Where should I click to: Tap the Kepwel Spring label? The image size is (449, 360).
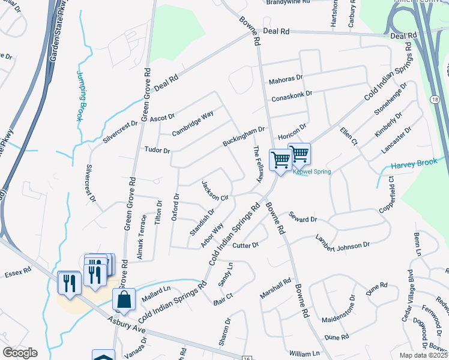[x=312, y=172]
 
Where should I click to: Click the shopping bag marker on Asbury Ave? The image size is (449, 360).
[x=124, y=299]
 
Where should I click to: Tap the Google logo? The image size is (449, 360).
[x=20, y=353]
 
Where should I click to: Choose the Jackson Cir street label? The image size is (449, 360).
[x=216, y=190]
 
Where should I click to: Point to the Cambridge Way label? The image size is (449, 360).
[x=193, y=122]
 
